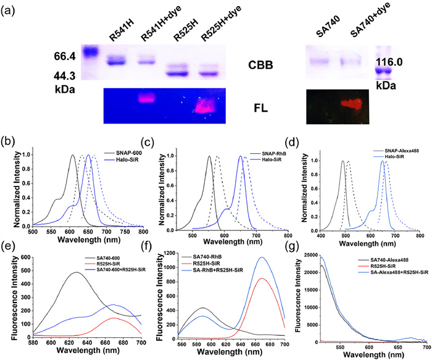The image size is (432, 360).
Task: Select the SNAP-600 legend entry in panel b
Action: tap(127, 135)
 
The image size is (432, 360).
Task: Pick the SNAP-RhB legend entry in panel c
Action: tap(262, 135)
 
